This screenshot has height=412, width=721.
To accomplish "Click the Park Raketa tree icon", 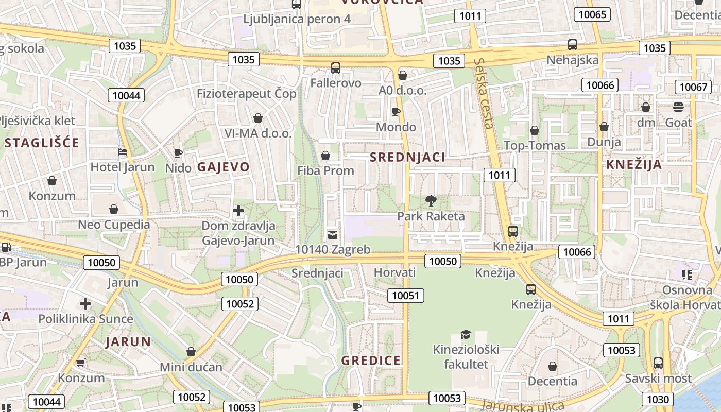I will tap(431, 201).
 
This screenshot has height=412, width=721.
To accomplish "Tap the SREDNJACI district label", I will tap(407, 157).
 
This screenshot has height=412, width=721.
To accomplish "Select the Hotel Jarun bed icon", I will tap(123, 152).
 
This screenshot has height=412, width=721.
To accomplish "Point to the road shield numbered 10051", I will tap(406, 296).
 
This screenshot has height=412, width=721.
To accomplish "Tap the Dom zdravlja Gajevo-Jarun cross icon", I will tap(238, 210).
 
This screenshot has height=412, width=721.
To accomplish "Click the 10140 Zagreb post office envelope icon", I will tap(333, 235).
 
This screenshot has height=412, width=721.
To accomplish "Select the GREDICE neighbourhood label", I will tap(371, 360).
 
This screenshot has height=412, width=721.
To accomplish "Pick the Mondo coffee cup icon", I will tap(396, 112).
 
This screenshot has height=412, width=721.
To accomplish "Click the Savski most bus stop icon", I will tap(658, 363).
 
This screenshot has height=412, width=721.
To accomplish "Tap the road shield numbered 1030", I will tap(658, 399).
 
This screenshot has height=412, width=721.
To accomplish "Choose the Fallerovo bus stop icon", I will tap(336, 67).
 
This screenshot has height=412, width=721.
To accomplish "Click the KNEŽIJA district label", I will tap(634, 165).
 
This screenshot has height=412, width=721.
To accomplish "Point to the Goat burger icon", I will tap(678, 107).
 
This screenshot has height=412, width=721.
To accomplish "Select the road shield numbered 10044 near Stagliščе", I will tap(126, 95).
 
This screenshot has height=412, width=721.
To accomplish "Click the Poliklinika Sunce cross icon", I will tap(85, 303).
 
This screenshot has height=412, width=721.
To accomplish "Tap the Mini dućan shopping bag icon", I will tap(191, 352).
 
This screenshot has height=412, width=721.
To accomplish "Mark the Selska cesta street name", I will tap(485, 93).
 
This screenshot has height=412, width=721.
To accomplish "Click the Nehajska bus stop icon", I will tap(573, 45).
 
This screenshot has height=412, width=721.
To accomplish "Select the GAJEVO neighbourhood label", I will tap(223, 167).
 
